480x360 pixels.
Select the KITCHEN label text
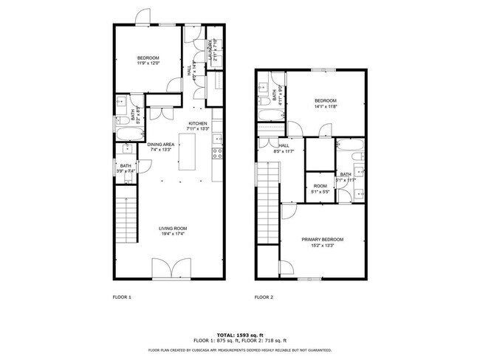tap(198, 123)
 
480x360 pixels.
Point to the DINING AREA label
tap(160, 144)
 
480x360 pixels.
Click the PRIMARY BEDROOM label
tap(322, 240)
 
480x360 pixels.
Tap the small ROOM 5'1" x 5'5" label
tap(320, 186)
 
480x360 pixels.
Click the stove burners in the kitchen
tap(218, 153)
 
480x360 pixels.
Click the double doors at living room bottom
tap(170, 269)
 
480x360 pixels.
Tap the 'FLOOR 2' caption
tap(264, 297)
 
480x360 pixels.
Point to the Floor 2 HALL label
tap(283, 146)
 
